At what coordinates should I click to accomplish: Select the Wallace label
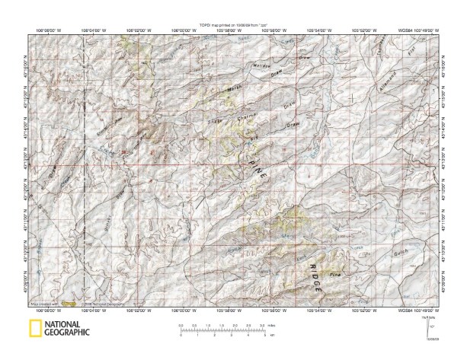click(263, 68)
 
